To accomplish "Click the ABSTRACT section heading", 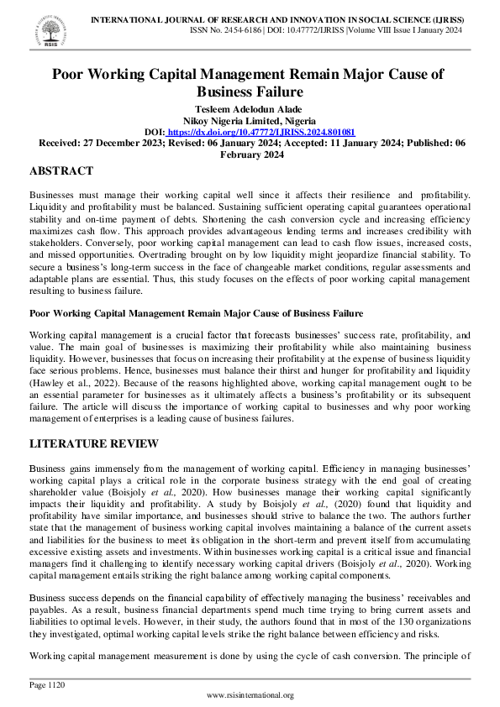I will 61,171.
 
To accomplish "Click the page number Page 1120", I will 47,685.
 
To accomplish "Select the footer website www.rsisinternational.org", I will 250,695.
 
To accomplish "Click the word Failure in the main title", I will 274,92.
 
